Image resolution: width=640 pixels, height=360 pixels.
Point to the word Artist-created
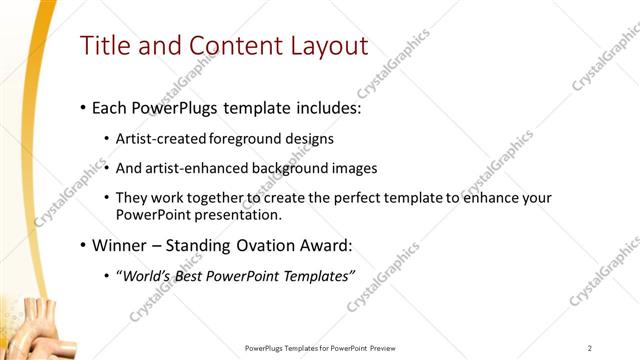(161, 138)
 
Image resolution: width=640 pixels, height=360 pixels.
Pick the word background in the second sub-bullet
(301, 168)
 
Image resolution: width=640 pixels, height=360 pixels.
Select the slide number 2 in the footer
(590, 348)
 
